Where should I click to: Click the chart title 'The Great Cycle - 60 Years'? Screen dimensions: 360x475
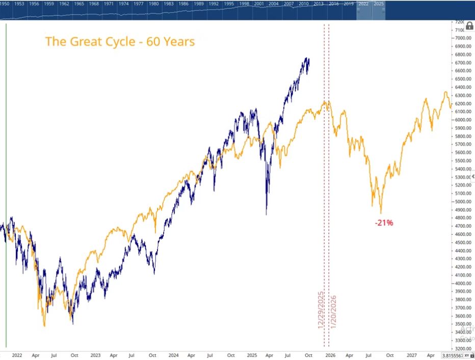120,41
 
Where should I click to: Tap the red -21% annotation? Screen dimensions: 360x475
383,223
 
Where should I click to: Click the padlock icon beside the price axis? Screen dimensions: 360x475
469,26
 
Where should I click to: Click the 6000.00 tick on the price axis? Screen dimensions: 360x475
461,120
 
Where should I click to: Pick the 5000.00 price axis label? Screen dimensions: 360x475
461,202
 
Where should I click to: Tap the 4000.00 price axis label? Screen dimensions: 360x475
461,283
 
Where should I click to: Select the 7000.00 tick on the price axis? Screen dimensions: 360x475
461,38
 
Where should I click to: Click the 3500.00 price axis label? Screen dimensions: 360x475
461,324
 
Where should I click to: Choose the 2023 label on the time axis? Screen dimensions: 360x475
95,355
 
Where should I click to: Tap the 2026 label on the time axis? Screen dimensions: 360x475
330,355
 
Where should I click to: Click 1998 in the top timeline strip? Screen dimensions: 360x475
244,4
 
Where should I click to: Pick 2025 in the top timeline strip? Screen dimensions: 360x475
379,4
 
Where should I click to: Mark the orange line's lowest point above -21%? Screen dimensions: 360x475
381,213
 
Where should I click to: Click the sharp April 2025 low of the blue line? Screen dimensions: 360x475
266,214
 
